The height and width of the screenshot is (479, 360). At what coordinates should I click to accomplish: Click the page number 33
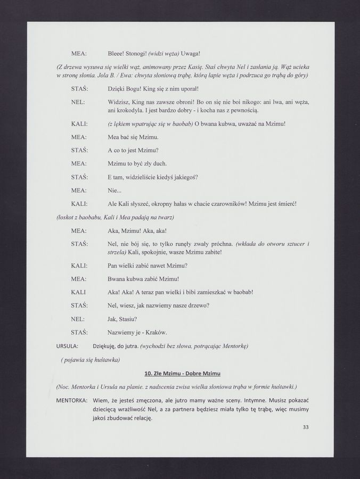tap(306, 427)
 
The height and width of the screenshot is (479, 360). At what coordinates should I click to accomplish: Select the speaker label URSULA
tap(68, 346)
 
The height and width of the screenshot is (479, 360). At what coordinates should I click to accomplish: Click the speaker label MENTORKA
tap(72, 400)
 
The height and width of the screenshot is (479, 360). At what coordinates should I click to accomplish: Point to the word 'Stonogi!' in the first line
tap(135, 54)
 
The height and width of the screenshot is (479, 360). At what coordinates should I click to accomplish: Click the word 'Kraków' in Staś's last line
tap(156, 332)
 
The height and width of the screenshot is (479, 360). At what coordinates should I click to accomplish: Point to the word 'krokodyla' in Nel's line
tap(130, 110)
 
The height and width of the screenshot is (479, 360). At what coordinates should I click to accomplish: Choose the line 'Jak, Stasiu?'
tap(122, 319)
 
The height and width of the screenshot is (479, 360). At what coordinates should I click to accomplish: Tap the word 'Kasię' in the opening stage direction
tap(194, 67)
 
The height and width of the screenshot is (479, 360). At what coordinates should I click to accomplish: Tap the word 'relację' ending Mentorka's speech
tap(140, 418)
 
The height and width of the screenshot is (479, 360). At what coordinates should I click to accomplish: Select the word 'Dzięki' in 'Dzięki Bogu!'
tap(117, 88)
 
